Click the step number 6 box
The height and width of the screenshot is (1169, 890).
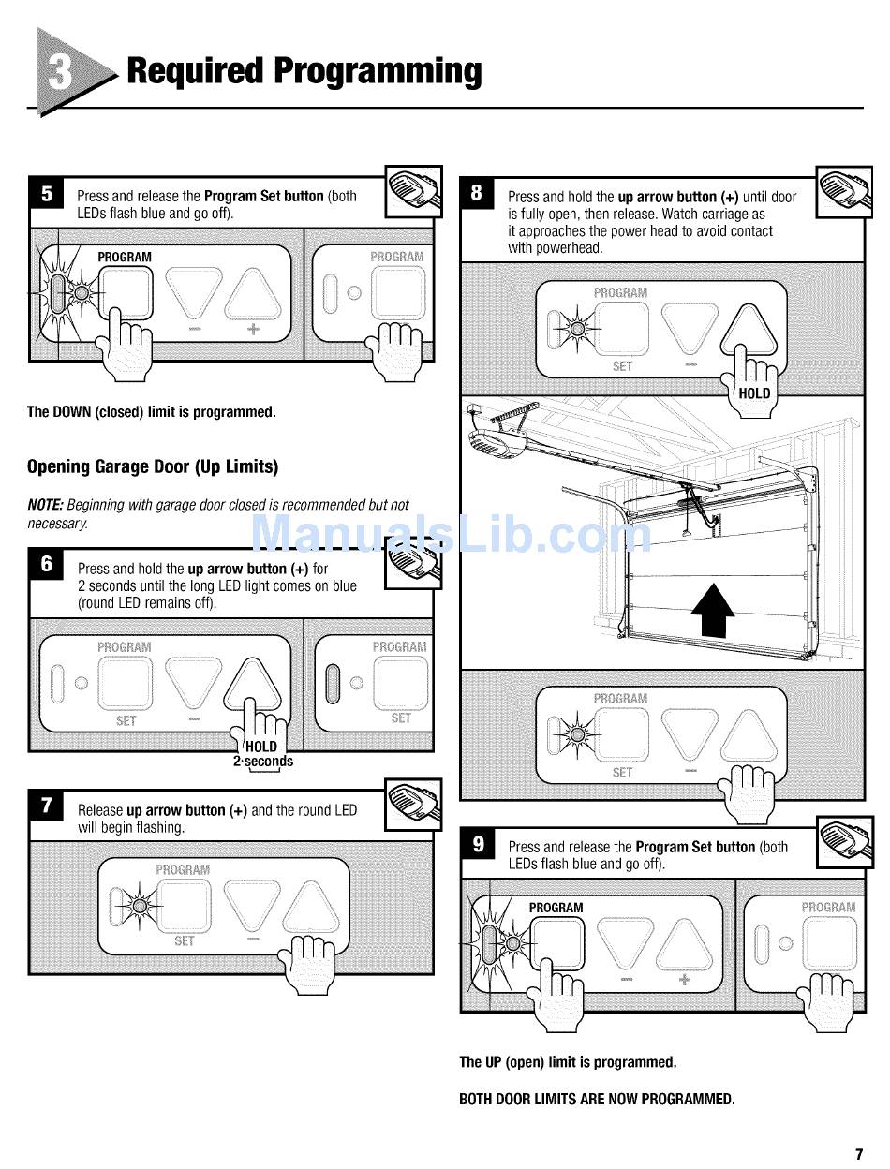(x=47, y=565)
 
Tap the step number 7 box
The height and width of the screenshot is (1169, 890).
(x=47, y=806)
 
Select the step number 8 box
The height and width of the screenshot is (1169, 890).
(x=477, y=194)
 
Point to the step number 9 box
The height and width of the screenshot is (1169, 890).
(x=478, y=844)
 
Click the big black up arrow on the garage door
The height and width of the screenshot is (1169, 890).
(x=713, y=610)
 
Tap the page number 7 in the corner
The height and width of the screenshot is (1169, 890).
(x=858, y=1153)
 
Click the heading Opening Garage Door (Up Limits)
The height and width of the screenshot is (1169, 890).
(x=153, y=466)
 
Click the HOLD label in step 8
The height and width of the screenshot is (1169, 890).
(x=753, y=393)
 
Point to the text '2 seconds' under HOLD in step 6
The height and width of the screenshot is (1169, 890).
(x=262, y=762)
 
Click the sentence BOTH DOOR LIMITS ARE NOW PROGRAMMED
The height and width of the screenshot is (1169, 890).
(x=597, y=1099)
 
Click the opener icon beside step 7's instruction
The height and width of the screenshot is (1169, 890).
(x=414, y=802)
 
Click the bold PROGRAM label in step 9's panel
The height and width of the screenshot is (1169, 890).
(x=556, y=908)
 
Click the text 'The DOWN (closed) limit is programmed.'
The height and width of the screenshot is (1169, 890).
(x=151, y=411)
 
